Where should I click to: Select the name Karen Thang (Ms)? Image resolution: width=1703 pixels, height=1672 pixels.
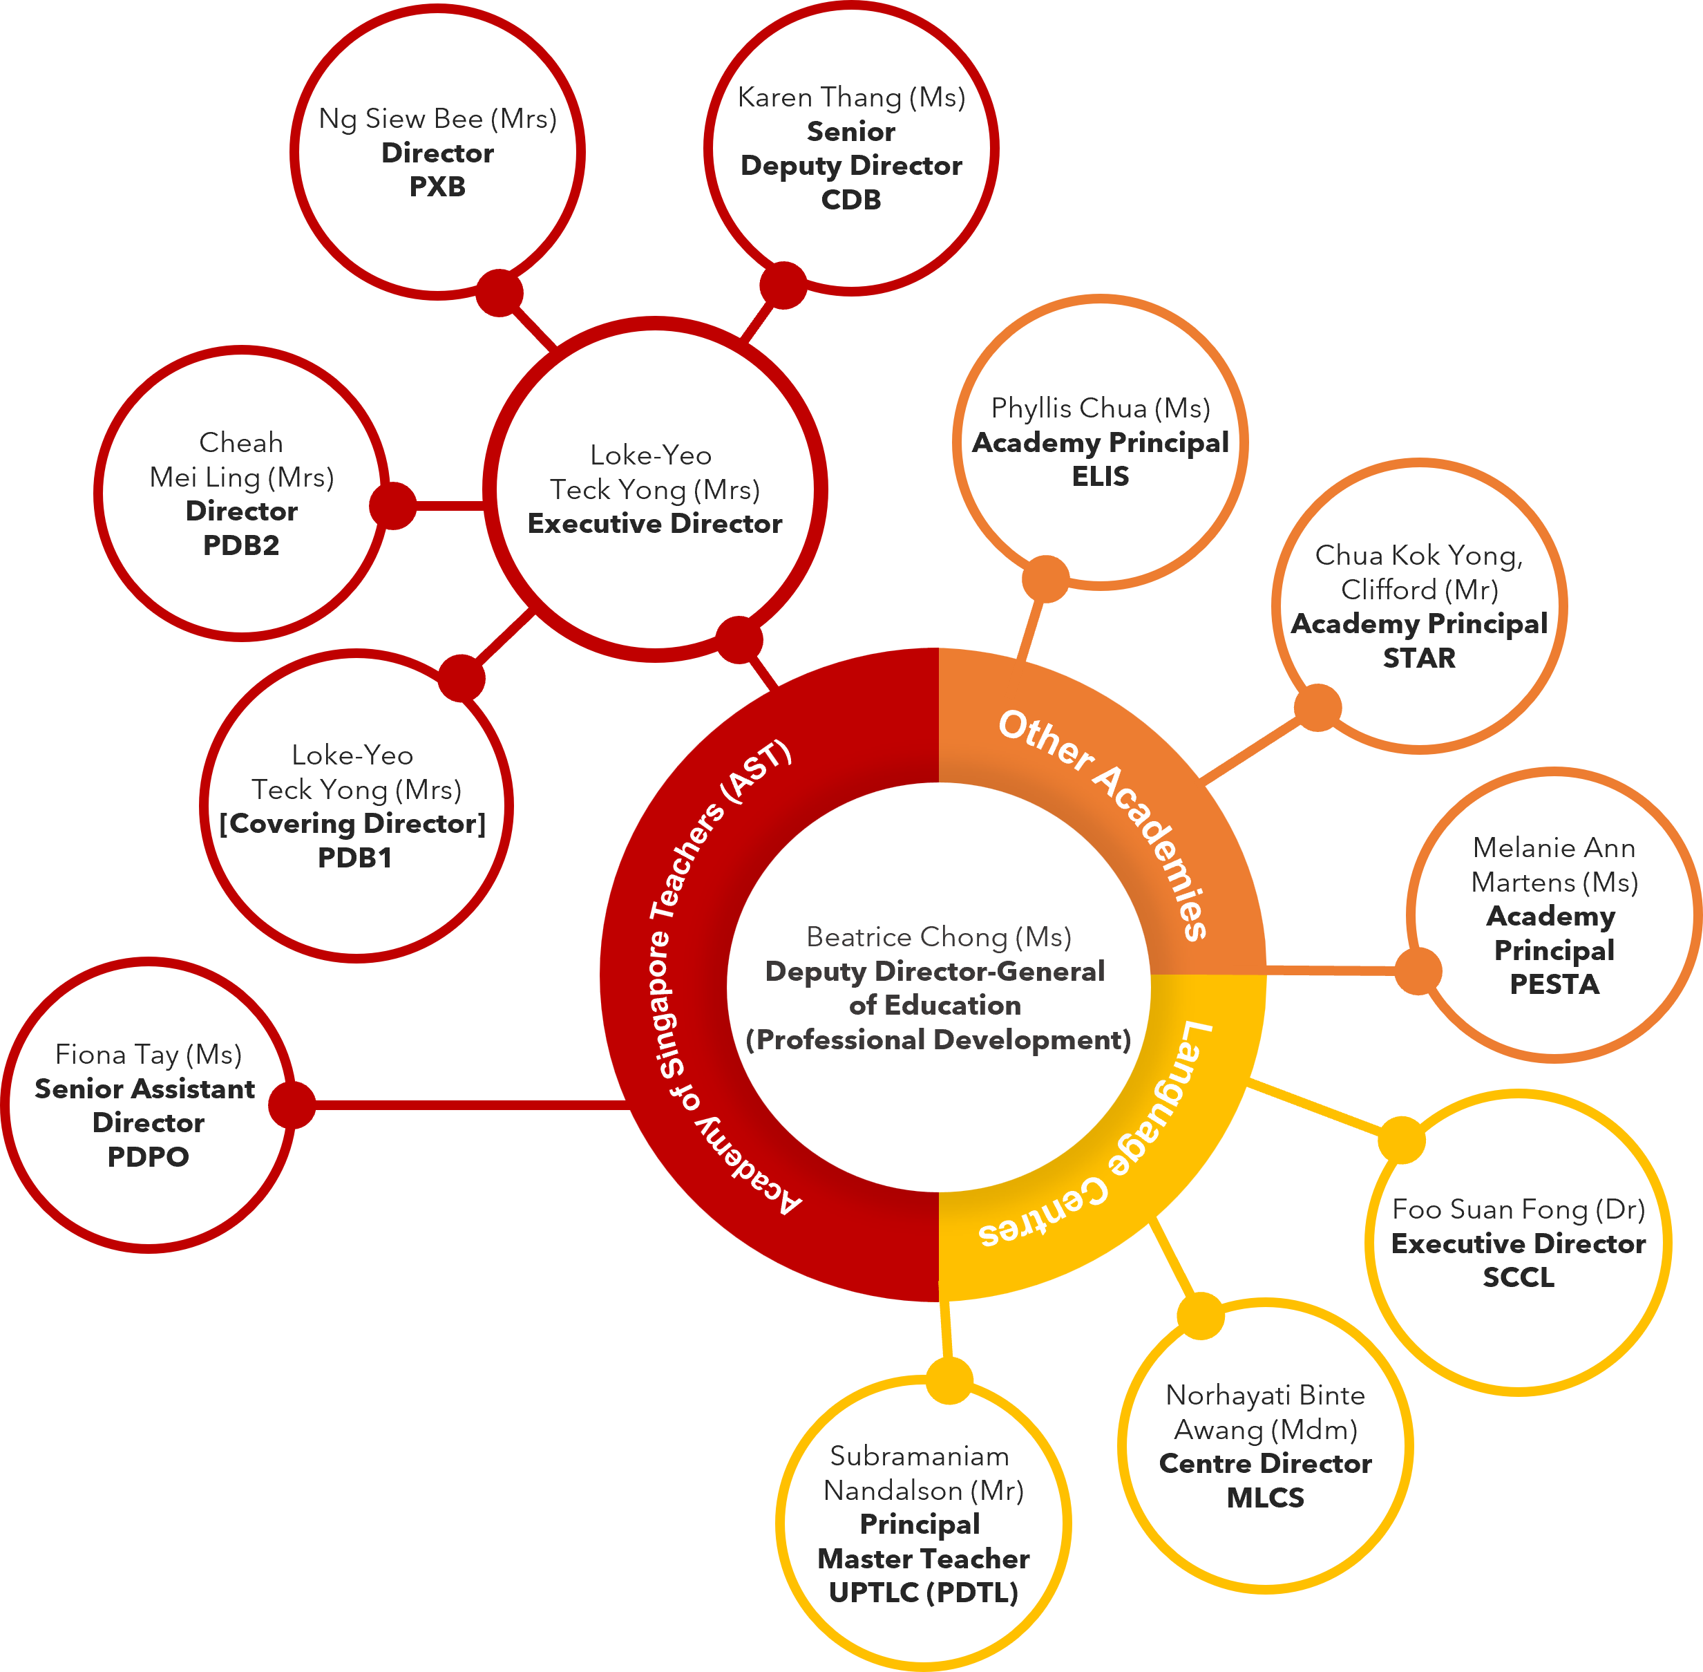[x=851, y=97]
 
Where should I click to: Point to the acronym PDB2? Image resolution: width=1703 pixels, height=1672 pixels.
[x=241, y=545]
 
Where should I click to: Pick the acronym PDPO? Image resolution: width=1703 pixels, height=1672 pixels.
[x=149, y=1156]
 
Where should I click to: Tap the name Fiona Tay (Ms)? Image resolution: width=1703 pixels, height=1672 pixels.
[x=149, y=1055]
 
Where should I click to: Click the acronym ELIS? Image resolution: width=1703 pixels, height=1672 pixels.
[x=1100, y=477]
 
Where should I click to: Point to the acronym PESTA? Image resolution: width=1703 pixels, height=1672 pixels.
[x=1554, y=984]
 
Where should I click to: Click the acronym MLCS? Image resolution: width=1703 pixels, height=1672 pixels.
[x=1265, y=1497]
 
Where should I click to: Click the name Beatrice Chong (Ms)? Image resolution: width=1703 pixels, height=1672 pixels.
[x=938, y=937]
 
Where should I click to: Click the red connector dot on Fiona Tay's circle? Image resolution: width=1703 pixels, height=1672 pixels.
[x=292, y=1105]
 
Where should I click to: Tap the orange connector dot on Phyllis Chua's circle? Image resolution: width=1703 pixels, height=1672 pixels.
[x=1045, y=579]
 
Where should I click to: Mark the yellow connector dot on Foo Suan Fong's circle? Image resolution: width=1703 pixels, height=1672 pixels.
[x=1402, y=1140]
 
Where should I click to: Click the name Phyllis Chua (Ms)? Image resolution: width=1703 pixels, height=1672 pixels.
[x=1100, y=408]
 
